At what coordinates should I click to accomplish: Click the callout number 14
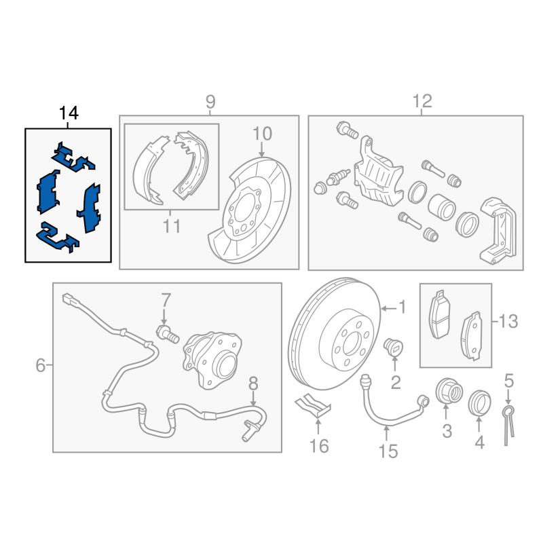pyautogui.click(x=69, y=113)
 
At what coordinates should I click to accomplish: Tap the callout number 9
pyautogui.click(x=210, y=102)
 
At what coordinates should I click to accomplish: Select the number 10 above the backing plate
pyautogui.click(x=262, y=132)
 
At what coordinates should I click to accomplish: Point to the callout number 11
pyautogui.click(x=172, y=225)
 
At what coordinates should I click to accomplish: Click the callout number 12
pyautogui.click(x=422, y=102)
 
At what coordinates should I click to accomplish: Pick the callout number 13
pyautogui.click(x=507, y=320)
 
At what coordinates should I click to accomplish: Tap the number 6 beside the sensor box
pyautogui.click(x=41, y=367)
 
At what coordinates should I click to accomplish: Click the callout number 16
pyautogui.click(x=319, y=446)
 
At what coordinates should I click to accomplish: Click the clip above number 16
pyautogui.click(x=312, y=405)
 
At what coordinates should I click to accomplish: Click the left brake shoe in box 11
pyautogui.click(x=147, y=170)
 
